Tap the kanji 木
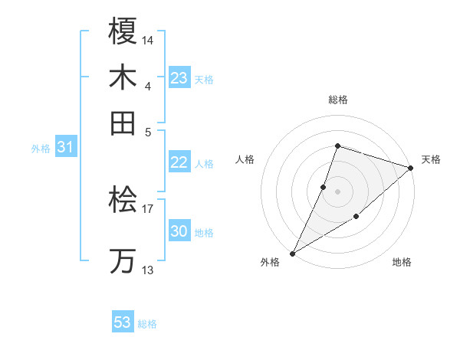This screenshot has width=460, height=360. (x=123, y=77)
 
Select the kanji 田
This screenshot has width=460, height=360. (x=123, y=122)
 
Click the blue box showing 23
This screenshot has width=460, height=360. (x=179, y=78)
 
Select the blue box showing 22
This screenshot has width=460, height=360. (x=179, y=162)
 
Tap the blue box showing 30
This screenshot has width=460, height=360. (x=179, y=231)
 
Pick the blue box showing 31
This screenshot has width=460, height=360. (x=65, y=148)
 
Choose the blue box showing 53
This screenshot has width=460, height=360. (x=123, y=322)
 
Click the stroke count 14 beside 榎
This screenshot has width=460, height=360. (x=148, y=38)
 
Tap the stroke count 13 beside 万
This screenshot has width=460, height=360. (x=147, y=270)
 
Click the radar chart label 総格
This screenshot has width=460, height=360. (x=337, y=100)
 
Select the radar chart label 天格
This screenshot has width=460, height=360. (x=431, y=159)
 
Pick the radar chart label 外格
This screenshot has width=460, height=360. (x=270, y=262)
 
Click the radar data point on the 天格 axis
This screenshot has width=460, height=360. (x=410, y=168)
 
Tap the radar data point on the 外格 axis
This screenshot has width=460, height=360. (x=292, y=253)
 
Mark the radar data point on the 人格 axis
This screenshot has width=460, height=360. (x=324, y=186)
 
